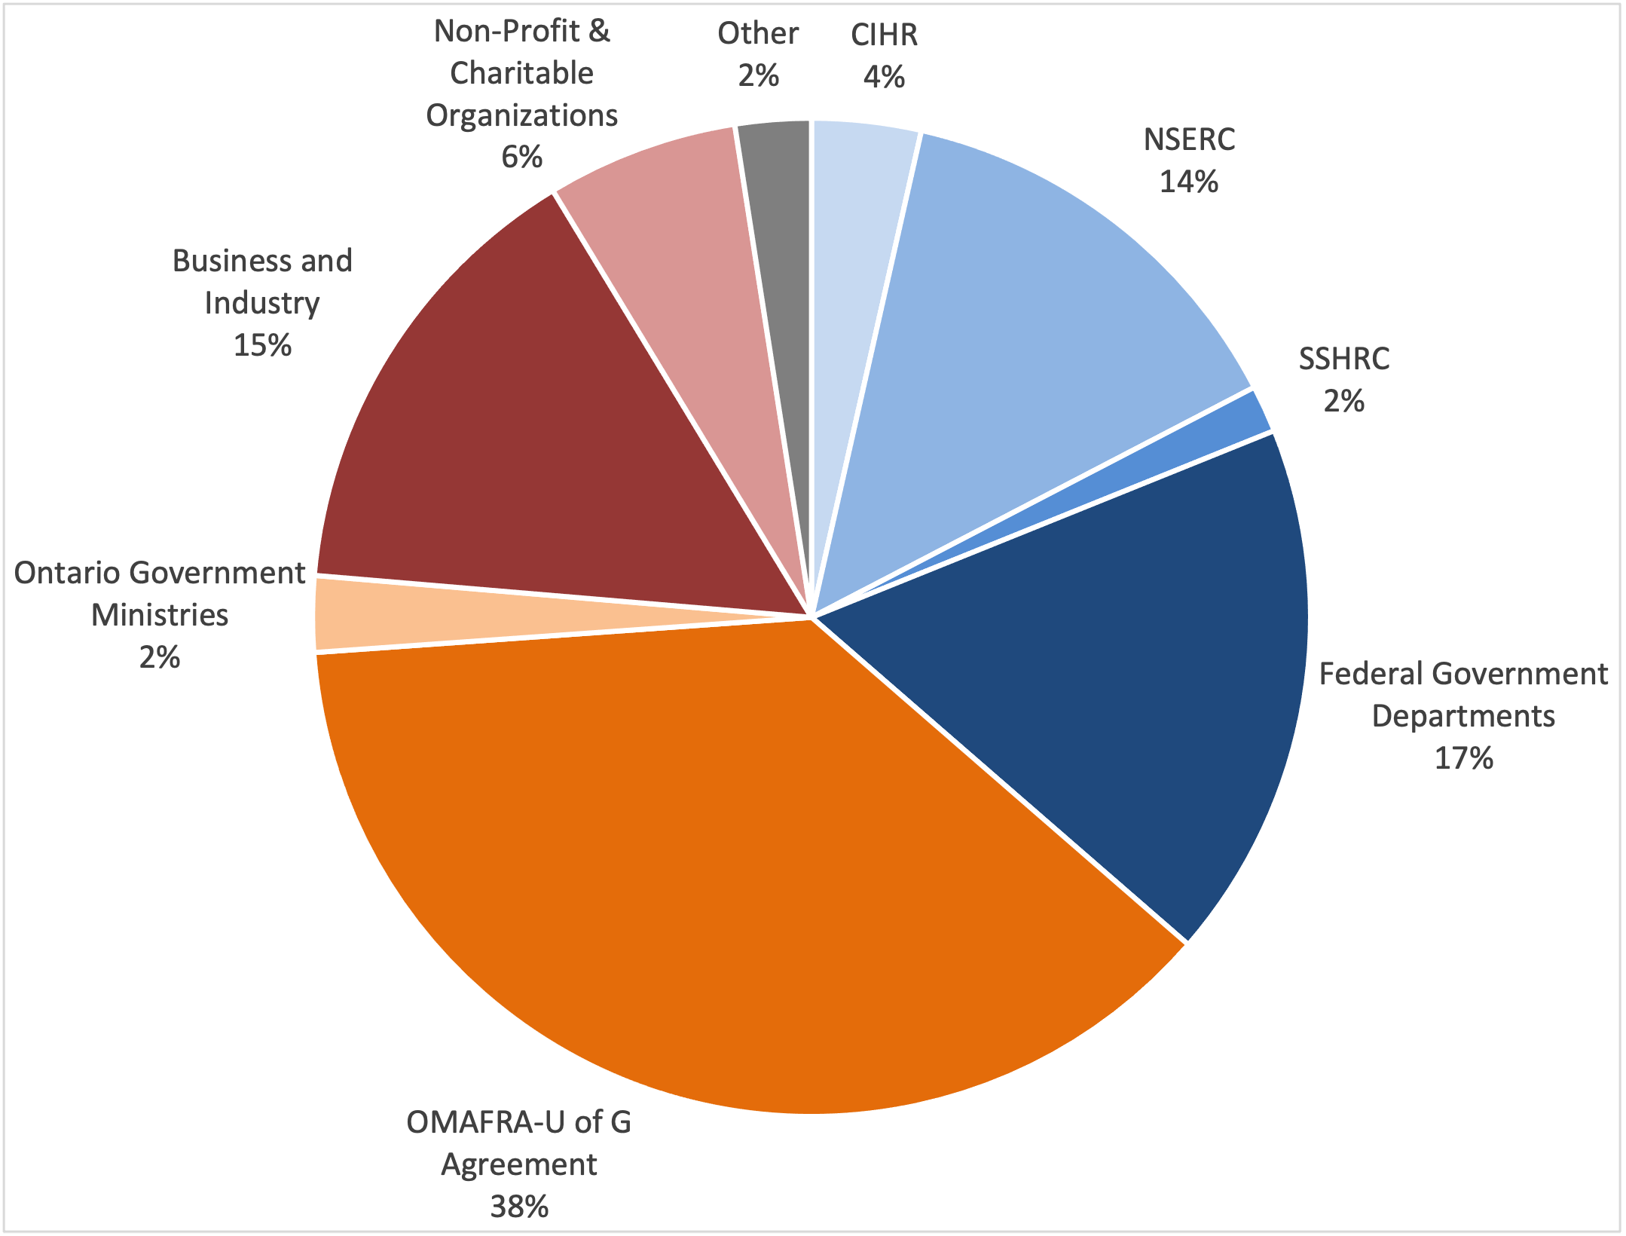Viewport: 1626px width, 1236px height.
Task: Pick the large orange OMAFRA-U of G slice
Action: point(716,867)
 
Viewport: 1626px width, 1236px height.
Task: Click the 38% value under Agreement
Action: point(519,1207)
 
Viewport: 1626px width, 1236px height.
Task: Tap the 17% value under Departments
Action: point(1463,757)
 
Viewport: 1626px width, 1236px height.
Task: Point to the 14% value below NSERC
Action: point(1189,182)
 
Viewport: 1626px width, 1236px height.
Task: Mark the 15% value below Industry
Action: point(262,345)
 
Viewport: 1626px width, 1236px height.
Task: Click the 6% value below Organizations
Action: point(521,157)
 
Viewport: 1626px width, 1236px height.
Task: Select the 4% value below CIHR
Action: point(884,77)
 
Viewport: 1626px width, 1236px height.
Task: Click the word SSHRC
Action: point(1343,359)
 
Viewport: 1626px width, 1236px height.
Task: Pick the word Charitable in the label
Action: point(521,73)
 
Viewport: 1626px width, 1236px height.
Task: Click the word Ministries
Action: point(160,615)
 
